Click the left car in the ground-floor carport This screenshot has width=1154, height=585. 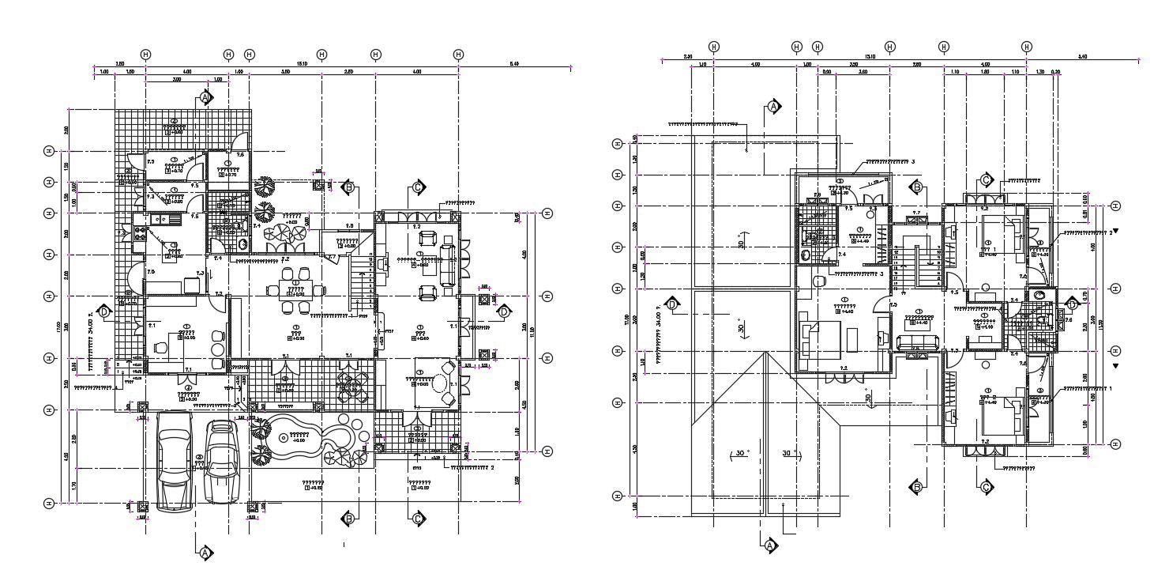[x=175, y=462]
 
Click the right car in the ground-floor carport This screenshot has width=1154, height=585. [x=223, y=462]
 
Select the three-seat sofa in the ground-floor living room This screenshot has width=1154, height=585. [x=448, y=265]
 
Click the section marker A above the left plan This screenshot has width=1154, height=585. [x=205, y=97]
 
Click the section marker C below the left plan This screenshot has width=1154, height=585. [x=417, y=519]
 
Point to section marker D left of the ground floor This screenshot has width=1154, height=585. [x=103, y=311]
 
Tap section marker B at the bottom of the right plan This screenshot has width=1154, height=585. [x=916, y=485]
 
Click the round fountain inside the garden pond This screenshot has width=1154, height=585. [x=282, y=437]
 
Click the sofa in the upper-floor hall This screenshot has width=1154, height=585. [x=916, y=342]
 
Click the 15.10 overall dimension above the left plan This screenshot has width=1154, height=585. [x=302, y=62]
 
